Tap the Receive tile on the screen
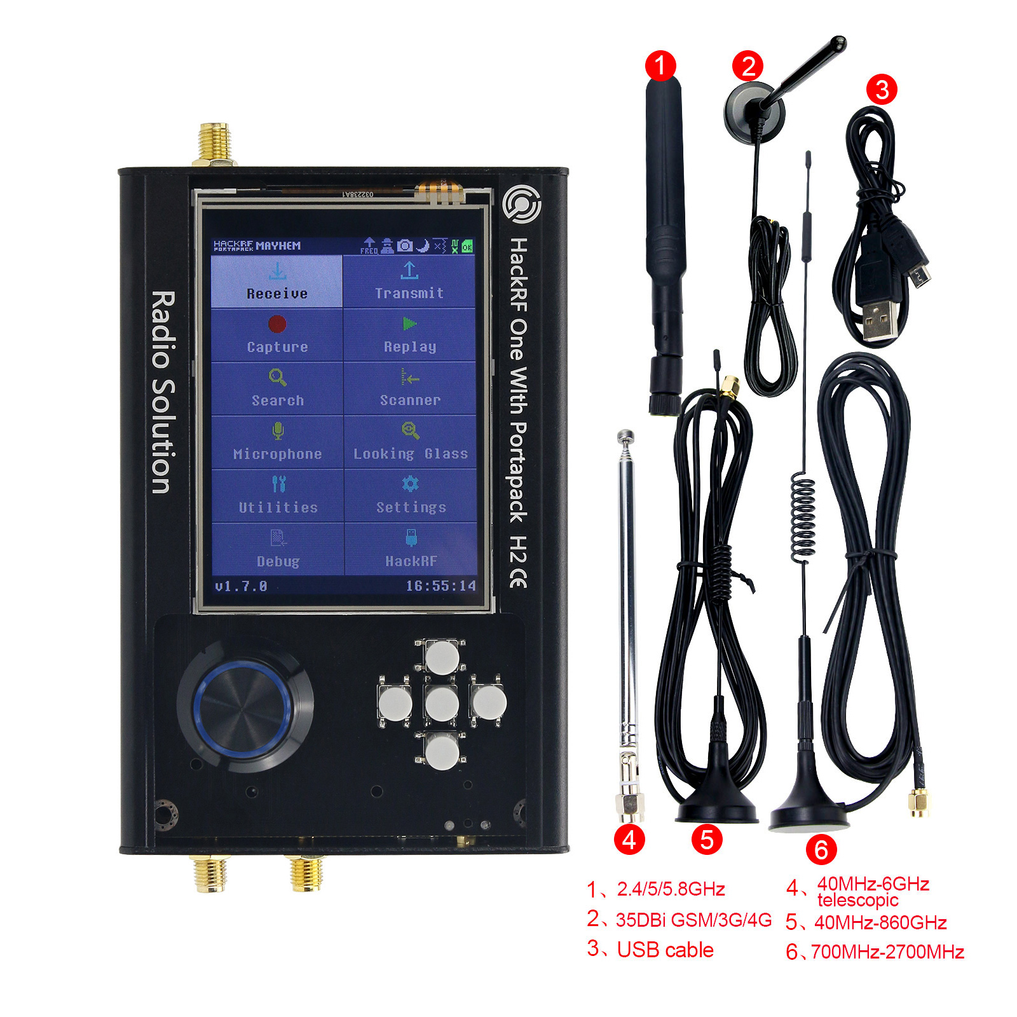tap(276, 282)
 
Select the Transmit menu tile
tap(409, 282)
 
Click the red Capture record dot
tap(277, 324)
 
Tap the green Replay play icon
tap(409, 324)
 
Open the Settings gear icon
tap(410, 484)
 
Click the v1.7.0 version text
tap(241, 586)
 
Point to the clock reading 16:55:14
tap(440, 585)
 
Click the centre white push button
tap(442, 704)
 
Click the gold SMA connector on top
tap(214, 144)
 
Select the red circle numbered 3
tap(882, 90)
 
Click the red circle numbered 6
tap(821, 849)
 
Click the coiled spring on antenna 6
tap(803, 518)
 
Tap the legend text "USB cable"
tap(665, 950)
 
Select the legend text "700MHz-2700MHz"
tap(887, 952)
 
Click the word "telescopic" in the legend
tap(857, 900)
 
